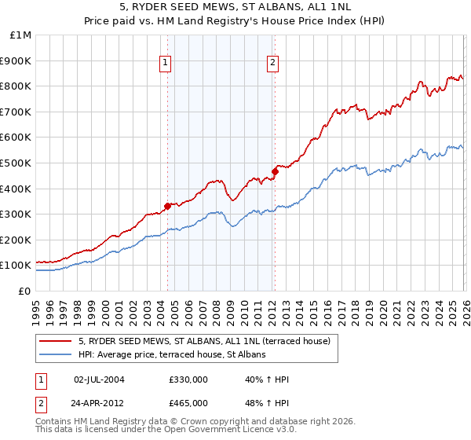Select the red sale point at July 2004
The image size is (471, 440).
tap(167, 207)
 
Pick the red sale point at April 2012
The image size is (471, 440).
tap(275, 171)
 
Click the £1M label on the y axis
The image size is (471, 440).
tap(20, 35)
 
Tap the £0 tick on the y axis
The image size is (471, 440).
tap(24, 291)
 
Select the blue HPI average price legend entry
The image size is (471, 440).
tap(173, 355)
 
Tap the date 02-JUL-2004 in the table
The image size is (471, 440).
tap(99, 379)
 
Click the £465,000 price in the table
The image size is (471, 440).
tap(188, 403)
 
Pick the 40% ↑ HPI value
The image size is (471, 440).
tap(268, 379)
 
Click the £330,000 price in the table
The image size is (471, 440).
tap(188, 379)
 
